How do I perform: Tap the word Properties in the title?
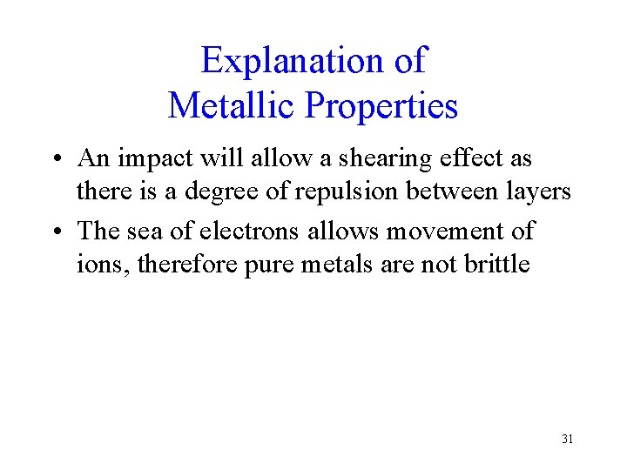pos(381,106)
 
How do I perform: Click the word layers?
pos(538,191)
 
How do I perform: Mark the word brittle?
pos(496,264)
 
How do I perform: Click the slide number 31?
pos(567,439)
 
